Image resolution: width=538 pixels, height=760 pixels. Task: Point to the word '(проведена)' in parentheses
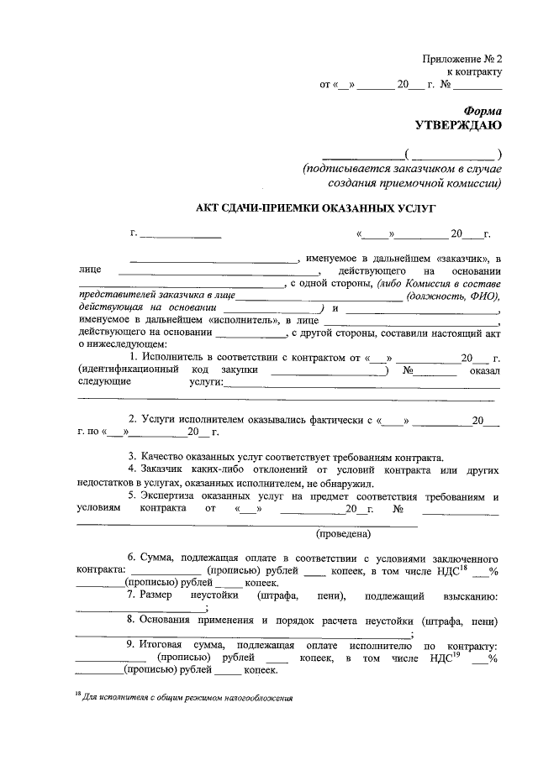(x=344, y=533)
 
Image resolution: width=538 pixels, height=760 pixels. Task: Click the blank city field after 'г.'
(x=180, y=235)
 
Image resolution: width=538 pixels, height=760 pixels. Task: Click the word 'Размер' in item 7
(x=156, y=595)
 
